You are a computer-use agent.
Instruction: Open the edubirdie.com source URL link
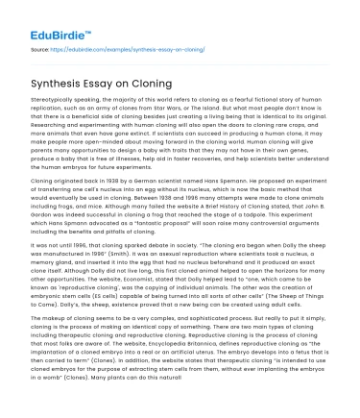click(133, 45)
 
